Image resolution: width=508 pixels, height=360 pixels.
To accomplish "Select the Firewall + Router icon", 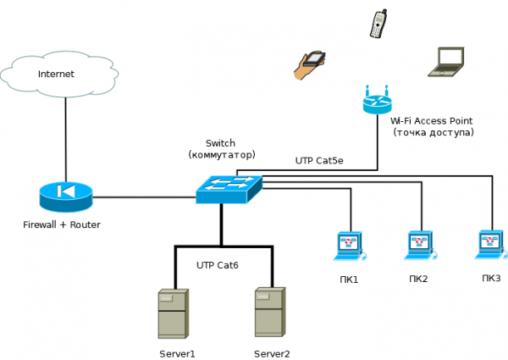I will [65, 197].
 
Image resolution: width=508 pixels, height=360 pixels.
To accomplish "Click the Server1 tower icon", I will [172, 313].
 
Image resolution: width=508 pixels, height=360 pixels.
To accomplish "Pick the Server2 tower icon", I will [268, 313].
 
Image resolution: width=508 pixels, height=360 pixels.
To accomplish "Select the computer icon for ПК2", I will [419, 245].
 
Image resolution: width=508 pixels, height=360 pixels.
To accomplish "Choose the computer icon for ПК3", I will [490, 243].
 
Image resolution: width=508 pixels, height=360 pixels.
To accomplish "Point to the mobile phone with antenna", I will [378, 24].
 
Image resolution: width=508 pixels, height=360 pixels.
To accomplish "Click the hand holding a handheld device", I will [309, 65].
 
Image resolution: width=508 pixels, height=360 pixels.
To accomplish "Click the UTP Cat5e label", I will [319, 160].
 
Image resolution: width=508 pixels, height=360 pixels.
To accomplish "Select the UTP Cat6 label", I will [218, 265].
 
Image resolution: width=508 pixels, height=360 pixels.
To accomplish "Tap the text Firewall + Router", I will [62, 224].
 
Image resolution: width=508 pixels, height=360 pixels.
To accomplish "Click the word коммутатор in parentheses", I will [222, 155].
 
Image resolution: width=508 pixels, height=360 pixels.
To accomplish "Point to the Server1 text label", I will [177, 353].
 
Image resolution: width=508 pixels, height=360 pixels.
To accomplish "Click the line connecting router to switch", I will [144, 197].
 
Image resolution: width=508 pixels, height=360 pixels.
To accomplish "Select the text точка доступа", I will [433, 133].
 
